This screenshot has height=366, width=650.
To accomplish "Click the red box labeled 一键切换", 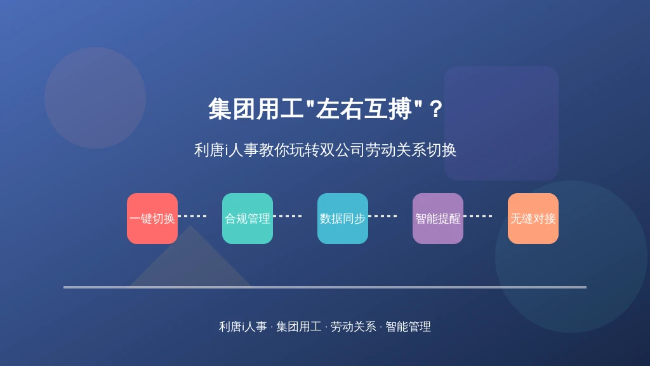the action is pos(152,219).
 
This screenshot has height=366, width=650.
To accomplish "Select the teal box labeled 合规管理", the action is pos(248,219).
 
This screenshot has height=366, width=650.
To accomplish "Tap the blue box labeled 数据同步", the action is pos(342,219).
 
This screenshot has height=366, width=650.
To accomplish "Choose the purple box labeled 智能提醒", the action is pos(438,219).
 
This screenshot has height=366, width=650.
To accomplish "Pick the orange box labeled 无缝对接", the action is pos(533,219).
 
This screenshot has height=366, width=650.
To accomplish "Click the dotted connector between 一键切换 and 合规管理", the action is pos(192,216).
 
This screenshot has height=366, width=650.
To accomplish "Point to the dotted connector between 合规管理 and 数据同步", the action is pos(288,216).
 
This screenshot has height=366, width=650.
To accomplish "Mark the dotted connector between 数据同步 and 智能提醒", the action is pos(383,216).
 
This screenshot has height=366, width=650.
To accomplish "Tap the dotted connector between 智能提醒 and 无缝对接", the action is pos(478,216).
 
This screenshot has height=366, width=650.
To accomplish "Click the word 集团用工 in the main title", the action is pos(256,109).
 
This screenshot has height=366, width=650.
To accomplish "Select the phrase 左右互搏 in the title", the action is pos(364,109).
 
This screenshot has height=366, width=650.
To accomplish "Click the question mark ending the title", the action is pos(435,109).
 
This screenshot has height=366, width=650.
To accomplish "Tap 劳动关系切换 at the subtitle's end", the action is pos(411,150).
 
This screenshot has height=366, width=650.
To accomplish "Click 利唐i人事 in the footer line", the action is pos(243,327).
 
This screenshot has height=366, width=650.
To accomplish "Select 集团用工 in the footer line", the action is pos(298,327).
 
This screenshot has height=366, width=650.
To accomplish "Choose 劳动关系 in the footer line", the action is pos(353,327).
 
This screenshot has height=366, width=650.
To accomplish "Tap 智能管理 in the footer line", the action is pos(408,327).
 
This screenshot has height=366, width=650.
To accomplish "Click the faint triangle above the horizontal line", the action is pos(190,261).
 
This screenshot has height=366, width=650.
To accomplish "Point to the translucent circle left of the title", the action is pos(95,98).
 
